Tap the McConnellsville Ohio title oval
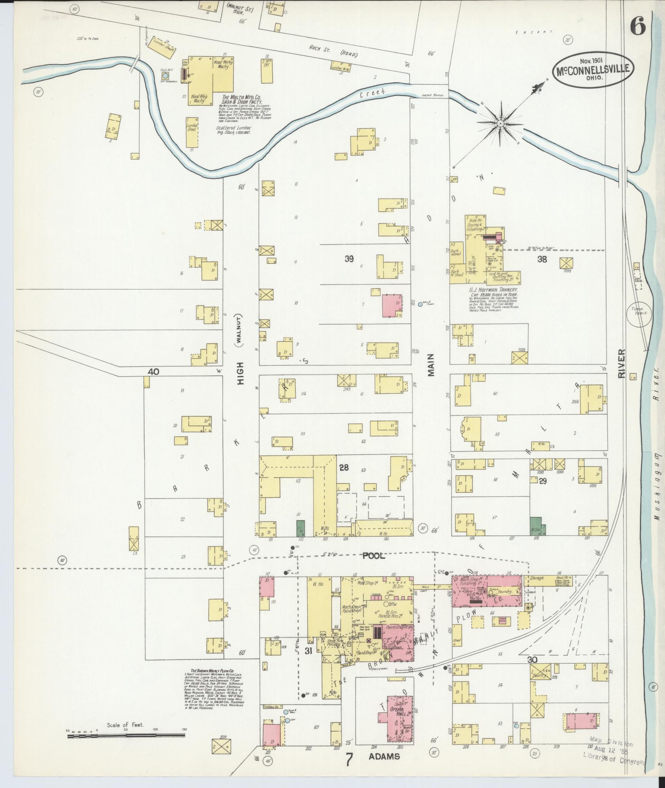(594, 70)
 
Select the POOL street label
(374, 556)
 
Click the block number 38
(542, 258)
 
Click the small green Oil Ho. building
(301, 528)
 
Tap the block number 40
(153, 372)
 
